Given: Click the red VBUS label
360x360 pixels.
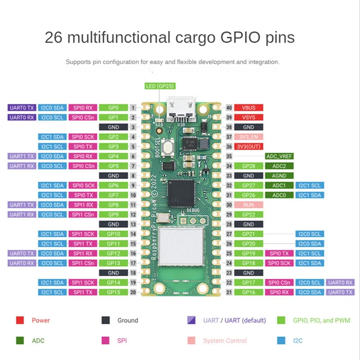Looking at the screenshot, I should (x=248, y=108).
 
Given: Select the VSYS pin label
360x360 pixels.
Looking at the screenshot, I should (x=248, y=117).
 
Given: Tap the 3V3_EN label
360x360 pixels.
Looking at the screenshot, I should (x=248, y=137).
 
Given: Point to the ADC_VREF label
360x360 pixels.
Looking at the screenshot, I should (x=279, y=156).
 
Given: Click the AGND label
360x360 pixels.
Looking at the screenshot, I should (x=279, y=176).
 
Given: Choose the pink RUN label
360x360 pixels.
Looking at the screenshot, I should (x=248, y=205).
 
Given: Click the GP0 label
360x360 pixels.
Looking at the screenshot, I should (x=113, y=108).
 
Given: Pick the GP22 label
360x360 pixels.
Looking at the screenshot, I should (x=248, y=215).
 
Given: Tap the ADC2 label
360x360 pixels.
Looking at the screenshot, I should (x=279, y=166).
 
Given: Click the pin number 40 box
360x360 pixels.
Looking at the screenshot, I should (x=229, y=108).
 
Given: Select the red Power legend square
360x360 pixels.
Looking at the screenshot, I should (x=20, y=320).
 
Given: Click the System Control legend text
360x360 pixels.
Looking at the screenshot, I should (x=225, y=341).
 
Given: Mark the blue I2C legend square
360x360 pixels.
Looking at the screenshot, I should (x=282, y=341).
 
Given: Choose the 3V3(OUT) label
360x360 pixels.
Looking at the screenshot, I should (x=248, y=147).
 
